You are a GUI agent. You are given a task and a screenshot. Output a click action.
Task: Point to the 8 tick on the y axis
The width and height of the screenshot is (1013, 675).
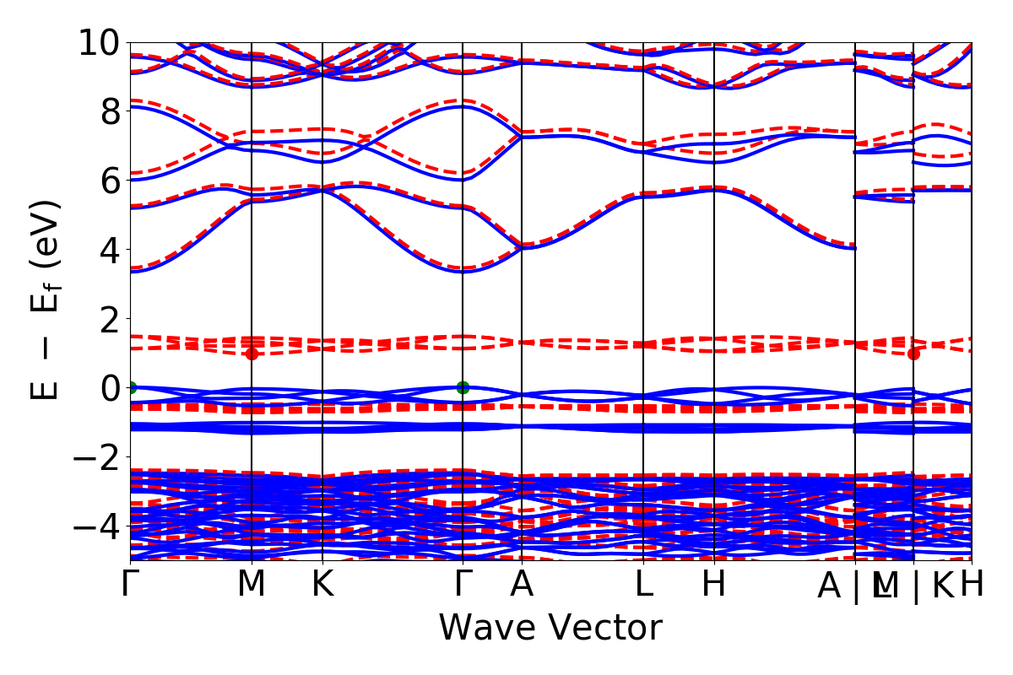pyautogui.click(x=107, y=111)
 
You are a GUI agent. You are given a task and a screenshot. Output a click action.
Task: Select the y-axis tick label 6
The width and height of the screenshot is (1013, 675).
pyautogui.click(x=107, y=181)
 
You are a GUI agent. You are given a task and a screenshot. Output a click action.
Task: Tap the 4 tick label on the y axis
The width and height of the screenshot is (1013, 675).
pyautogui.click(x=107, y=250)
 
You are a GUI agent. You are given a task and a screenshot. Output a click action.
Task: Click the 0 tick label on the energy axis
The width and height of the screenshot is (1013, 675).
pyautogui.click(x=107, y=388)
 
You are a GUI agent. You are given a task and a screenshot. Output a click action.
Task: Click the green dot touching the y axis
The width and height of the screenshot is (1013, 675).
pyautogui.click(x=131, y=388)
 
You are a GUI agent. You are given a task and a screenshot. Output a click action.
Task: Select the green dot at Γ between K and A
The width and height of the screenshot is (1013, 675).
pyautogui.click(x=463, y=388)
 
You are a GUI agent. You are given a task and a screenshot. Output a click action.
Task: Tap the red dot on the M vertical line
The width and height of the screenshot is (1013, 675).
pyautogui.click(x=252, y=354)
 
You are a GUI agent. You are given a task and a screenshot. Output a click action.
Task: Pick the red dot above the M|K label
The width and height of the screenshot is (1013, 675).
pyautogui.click(x=913, y=354)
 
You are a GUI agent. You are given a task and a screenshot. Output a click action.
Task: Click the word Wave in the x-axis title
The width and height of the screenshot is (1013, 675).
pyautogui.click(x=487, y=629)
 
